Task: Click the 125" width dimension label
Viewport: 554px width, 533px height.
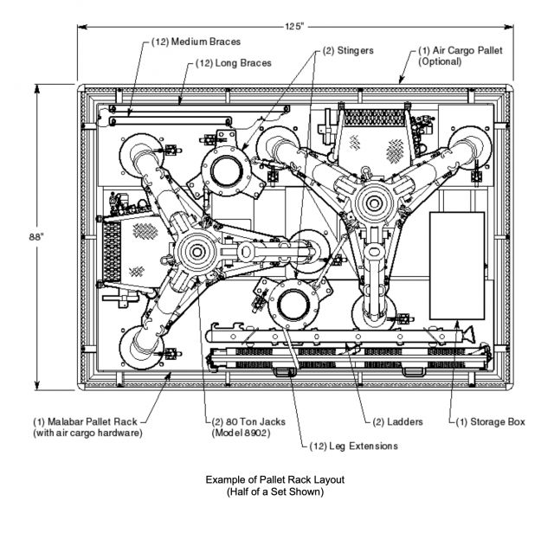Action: pos(294,27)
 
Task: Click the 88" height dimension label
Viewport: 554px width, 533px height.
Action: pos(36,237)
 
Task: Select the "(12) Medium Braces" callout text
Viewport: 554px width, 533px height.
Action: pos(196,42)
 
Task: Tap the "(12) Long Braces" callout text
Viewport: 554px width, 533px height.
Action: pos(234,63)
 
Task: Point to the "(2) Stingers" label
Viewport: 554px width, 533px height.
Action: pos(348,50)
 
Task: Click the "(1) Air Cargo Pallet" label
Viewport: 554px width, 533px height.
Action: pos(460,50)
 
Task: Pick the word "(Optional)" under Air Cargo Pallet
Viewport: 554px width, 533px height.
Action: pos(440,61)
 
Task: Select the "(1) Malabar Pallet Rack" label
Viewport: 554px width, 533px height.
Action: pos(85,421)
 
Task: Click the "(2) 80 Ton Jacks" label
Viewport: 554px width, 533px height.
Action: pos(248,421)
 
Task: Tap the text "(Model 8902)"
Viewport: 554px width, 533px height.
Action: pos(241,433)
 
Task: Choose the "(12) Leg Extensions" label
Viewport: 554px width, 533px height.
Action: pos(354,446)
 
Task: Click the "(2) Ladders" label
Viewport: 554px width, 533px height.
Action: pos(398,421)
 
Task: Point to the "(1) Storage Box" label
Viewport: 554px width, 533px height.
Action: pos(491,421)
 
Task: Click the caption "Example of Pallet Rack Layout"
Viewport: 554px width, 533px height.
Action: pos(275,479)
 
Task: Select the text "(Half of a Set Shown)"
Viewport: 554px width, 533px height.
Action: pos(275,491)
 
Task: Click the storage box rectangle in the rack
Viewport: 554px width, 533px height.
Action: pos(457,266)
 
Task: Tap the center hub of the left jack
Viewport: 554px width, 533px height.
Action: pos(196,252)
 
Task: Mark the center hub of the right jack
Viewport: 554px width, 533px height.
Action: pos(373,203)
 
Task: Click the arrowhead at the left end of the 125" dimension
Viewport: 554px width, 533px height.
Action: pos(82,27)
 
